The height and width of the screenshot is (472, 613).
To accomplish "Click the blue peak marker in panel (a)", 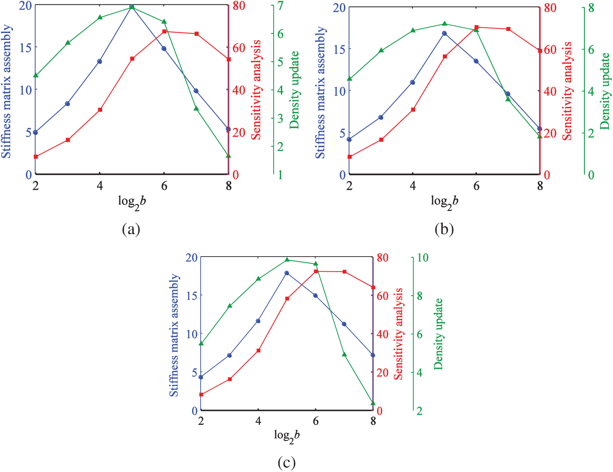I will coord(132,7).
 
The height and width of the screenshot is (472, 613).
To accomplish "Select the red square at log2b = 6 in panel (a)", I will coord(164,31).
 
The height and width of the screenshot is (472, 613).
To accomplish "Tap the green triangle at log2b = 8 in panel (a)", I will coord(228,156).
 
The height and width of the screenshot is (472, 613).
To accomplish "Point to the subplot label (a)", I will coord(131,229).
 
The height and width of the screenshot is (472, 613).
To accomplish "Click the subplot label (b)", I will coord(444,229).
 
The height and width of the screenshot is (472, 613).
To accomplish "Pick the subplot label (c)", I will coord(287,462).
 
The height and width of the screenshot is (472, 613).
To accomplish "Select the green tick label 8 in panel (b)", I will coord(591,8).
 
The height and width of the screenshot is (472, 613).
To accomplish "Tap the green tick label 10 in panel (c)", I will coord(423,258).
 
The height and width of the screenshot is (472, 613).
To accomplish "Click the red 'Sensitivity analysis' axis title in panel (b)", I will coord(567,91).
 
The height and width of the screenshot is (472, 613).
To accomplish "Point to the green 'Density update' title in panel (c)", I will coord(438,334).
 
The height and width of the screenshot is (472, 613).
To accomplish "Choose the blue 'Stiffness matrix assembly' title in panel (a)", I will coord(6,91).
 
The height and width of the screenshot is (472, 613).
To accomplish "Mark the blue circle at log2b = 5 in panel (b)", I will coord(444,33).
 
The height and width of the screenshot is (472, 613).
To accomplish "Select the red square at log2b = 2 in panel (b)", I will coord(349,157).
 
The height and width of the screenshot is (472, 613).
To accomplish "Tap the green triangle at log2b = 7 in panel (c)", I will coord(344,354).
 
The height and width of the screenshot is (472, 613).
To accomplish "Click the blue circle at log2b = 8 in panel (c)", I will coord(373,355).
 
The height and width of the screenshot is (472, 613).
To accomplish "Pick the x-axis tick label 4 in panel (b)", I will coord(413,186).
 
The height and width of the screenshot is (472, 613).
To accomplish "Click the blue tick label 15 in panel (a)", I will coord(25,47).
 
